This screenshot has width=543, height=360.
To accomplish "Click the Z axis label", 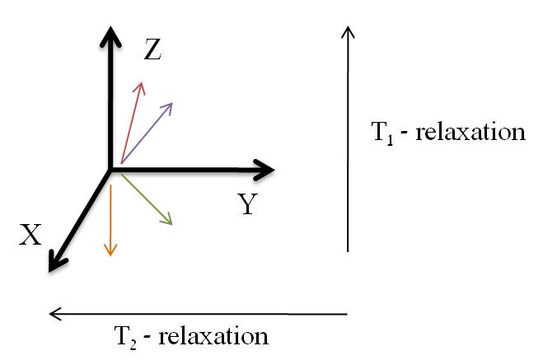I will tap(152, 51).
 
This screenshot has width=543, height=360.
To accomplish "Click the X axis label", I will tap(30, 236).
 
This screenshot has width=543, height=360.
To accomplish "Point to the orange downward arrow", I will tap(110, 218).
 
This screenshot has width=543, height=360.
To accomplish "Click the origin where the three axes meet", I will tap(110, 171).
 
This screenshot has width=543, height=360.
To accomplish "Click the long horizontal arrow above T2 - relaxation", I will tap(198, 313).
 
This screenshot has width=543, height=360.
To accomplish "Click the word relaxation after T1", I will tap(470, 132).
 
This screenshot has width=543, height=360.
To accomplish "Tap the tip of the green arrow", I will tap(171, 223).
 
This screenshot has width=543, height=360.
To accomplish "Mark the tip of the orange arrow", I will tap(110, 253).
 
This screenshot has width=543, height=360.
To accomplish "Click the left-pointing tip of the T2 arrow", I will tap(51, 313).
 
